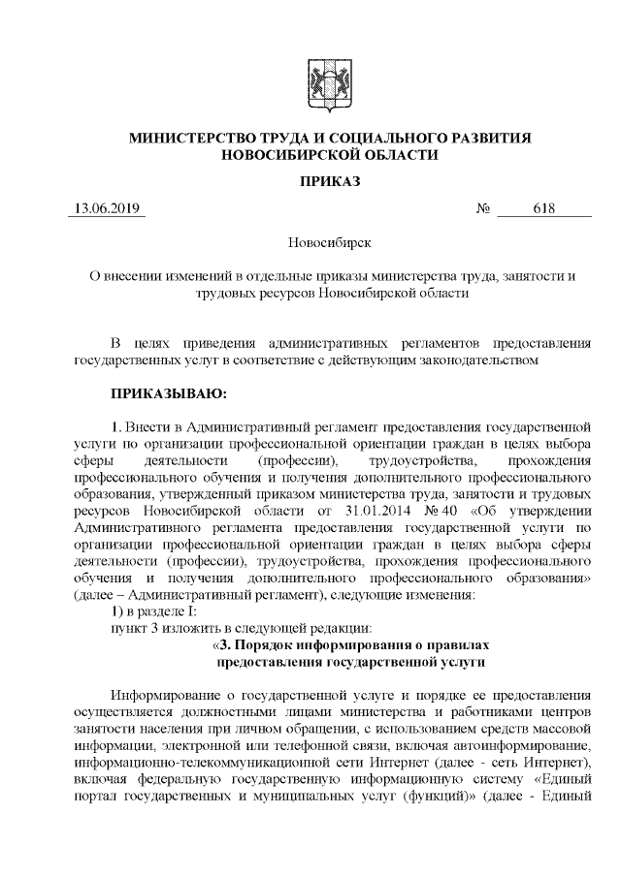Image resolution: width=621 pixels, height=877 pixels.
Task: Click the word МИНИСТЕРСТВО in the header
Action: (195, 139)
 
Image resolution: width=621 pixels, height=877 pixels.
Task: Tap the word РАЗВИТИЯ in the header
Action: (482, 139)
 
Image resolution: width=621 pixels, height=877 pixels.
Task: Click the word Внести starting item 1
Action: (148, 426)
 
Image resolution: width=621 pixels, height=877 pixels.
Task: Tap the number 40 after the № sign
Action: (448, 510)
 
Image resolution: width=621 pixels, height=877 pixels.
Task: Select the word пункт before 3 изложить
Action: (131, 627)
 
